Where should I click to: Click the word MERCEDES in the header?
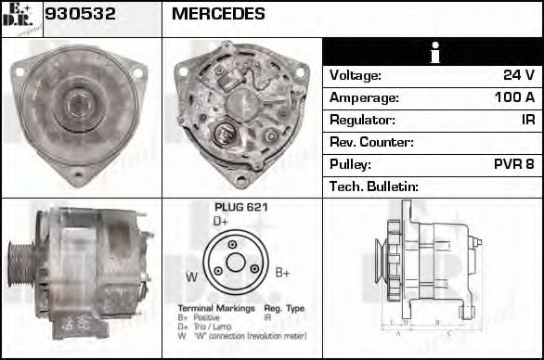tap(218, 15)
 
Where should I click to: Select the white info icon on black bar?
tap(434, 53)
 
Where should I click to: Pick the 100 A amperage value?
tap(514, 97)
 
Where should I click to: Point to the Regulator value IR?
tap(526, 120)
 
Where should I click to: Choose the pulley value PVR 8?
tap(513, 164)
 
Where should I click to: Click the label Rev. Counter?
tap(371, 142)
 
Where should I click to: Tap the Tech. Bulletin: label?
tap(374, 186)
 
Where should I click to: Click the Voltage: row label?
tap(356, 75)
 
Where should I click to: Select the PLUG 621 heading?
tap(240, 207)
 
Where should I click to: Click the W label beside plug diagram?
tap(191, 276)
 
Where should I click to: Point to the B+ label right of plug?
tap(283, 273)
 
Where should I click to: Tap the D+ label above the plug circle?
tap(221, 222)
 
